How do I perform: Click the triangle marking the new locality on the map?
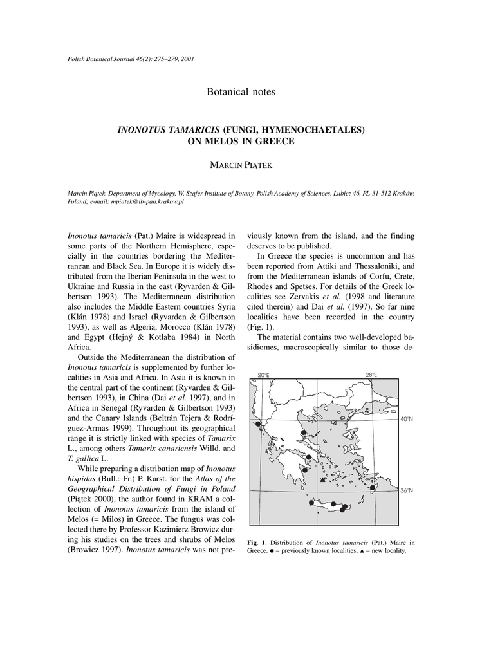tap(322, 479)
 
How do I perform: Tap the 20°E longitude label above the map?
tap(263, 375)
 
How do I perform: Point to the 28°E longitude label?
tap(371, 375)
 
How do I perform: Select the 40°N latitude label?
tap(407, 419)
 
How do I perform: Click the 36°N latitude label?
tap(407, 491)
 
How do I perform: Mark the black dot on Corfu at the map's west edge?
tap(258, 425)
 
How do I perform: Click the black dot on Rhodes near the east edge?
tap(373, 488)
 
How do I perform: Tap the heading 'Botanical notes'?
tap(241, 92)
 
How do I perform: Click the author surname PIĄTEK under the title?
tap(254, 166)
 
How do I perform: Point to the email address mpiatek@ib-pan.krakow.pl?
tap(152, 201)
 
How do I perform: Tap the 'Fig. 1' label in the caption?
tap(255, 543)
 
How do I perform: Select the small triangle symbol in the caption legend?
tap(362, 551)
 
